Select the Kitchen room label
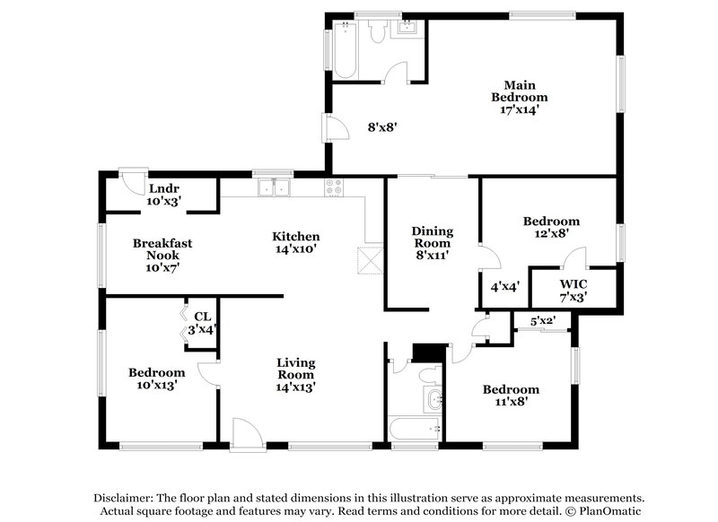point(295,236)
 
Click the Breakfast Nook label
point(162,248)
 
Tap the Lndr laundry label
point(163,188)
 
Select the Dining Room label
point(432,237)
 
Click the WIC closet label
point(572,284)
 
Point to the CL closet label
point(202,317)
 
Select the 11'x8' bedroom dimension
point(511,402)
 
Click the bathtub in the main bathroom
point(346,53)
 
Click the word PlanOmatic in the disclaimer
point(612,509)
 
